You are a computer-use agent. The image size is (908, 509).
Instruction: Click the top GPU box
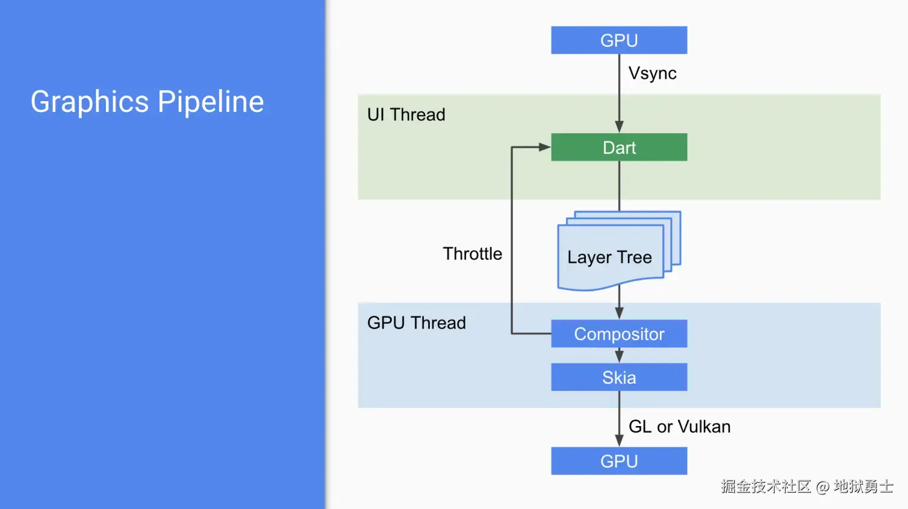point(619,40)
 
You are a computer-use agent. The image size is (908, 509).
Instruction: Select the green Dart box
point(619,147)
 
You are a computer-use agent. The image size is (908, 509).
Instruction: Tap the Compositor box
point(619,333)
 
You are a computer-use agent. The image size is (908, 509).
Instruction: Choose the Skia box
point(619,377)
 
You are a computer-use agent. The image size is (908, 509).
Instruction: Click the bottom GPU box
point(619,461)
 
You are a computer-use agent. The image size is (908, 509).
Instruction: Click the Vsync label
point(652,73)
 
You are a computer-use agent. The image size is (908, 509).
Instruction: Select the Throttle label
point(472,254)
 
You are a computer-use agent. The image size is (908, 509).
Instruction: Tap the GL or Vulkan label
point(679,427)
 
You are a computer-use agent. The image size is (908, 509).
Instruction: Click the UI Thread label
point(406,114)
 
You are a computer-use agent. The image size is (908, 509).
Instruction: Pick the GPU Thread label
point(416,323)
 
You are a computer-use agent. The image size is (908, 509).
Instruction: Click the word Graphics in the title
point(90,102)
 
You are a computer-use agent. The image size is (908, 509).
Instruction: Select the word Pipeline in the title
point(211,102)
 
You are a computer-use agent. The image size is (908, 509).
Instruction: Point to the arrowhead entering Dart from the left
point(544,147)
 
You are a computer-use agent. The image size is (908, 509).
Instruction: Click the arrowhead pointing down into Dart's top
point(619,126)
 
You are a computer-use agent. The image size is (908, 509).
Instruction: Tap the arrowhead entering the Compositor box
point(619,313)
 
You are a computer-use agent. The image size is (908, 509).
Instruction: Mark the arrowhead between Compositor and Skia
point(619,356)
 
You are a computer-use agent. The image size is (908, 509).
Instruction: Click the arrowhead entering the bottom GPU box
point(619,441)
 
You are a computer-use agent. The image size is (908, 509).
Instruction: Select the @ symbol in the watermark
point(822,487)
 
